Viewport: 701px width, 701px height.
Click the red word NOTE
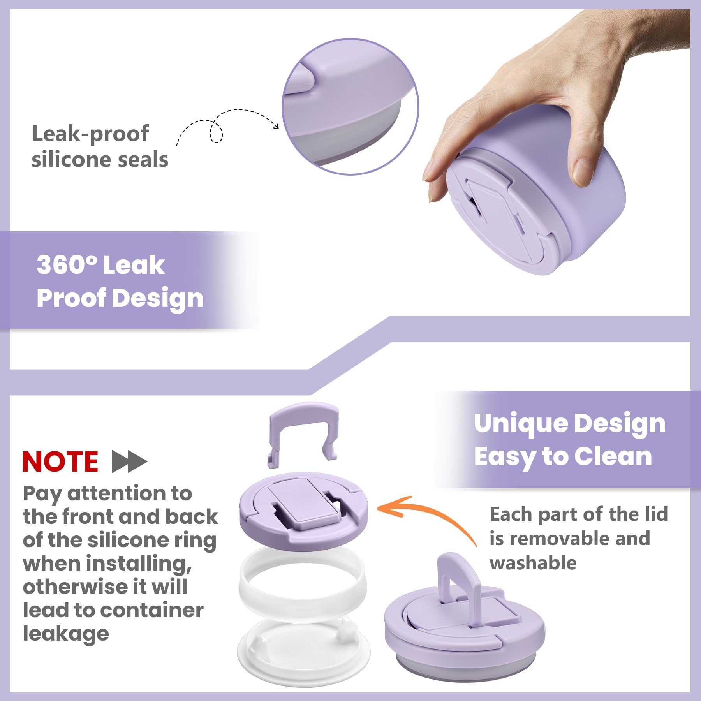[60, 461]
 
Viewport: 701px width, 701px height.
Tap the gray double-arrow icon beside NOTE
[130, 461]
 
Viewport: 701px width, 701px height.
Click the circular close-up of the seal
[350, 106]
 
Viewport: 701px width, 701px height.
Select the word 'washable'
[533, 563]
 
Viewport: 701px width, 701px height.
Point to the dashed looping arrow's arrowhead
[276, 125]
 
